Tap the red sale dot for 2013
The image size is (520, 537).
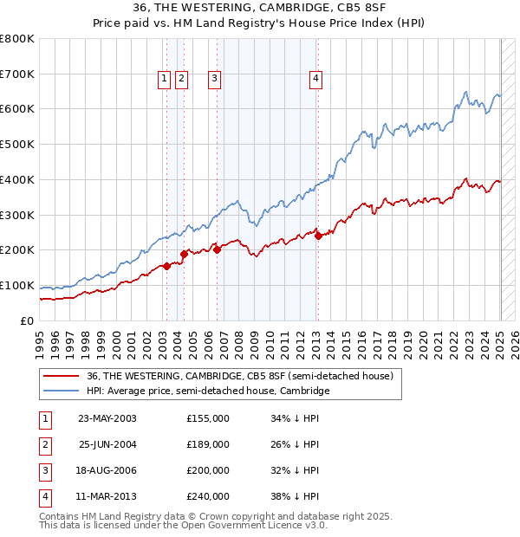[x=318, y=236]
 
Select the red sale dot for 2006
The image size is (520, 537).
[x=217, y=249]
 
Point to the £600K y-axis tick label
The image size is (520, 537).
[x=16, y=109]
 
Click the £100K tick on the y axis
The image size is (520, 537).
[x=16, y=285]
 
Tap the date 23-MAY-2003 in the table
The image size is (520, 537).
[x=107, y=418]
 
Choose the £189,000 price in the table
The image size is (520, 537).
[x=208, y=444]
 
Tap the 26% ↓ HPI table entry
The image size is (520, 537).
[x=295, y=444]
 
